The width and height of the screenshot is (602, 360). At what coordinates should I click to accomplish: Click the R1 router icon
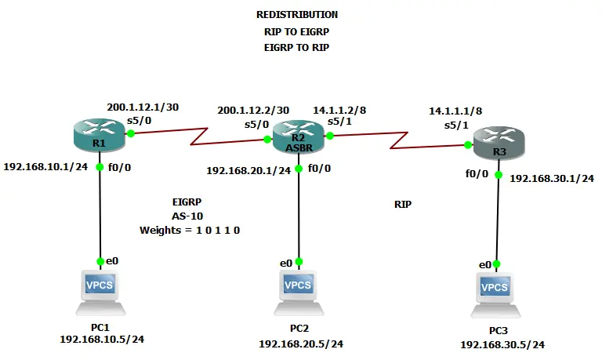pos(99,134)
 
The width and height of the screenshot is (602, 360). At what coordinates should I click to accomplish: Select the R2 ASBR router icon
pos(298,134)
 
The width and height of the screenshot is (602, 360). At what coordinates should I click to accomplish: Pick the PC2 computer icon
pos(298,291)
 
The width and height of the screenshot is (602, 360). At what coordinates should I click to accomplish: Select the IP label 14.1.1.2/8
pos(339,111)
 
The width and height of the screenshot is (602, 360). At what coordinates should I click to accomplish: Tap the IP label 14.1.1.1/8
pos(455,111)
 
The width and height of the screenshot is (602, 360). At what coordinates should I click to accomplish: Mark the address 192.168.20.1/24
pos(248,169)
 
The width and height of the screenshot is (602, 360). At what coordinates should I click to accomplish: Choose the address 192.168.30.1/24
pos(552,178)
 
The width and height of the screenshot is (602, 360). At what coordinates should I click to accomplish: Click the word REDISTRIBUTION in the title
pos(297,15)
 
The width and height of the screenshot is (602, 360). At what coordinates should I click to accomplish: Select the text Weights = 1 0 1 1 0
pos(189,230)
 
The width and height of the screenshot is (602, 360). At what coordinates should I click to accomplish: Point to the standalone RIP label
pos(403,204)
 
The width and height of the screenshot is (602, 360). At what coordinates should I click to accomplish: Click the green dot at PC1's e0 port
pos(100,261)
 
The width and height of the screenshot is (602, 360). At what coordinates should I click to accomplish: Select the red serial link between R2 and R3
pos(400,140)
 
